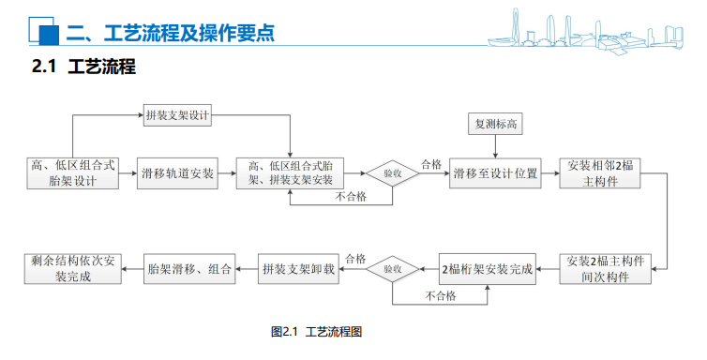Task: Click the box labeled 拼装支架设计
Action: click(x=176, y=115)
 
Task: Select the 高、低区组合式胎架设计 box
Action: click(x=72, y=173)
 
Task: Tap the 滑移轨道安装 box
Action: click(x=177, y=173)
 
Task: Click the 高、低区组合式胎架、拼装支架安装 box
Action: click(x=290, y=173)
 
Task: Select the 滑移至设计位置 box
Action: click(x=495, y=173)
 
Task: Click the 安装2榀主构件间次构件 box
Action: click(x=606, y=269)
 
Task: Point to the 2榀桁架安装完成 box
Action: click(x=487, y=269)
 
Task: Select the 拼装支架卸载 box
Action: click(x=297, y=269)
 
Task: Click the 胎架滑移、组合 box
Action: click(x=189, y=269)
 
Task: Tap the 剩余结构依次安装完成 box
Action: click(x=72, y=269)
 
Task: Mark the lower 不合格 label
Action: click(x=440, y=296)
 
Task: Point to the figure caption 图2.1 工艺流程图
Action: click(x=316, y=332)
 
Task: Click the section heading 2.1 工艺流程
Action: click(x=84, y=67)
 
